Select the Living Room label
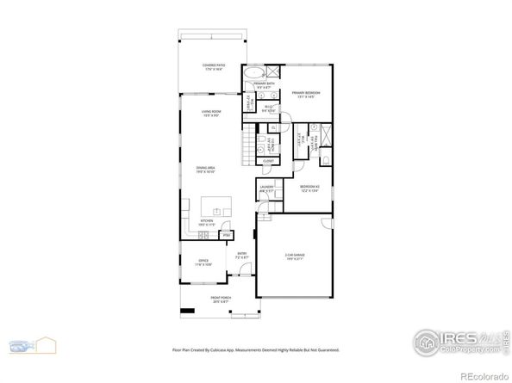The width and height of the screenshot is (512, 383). click(x=213, y=113)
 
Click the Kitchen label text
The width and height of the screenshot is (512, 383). click(x=208, y=223)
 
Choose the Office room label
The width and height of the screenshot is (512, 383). click(x=203, y=262)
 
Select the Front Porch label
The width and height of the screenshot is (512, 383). click(x=222, y=300)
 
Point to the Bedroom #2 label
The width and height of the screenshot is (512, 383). click(x=310, y=189)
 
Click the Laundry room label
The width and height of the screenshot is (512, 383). click(x=266, y=189)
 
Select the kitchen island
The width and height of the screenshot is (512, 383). click(x=216, y=207)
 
